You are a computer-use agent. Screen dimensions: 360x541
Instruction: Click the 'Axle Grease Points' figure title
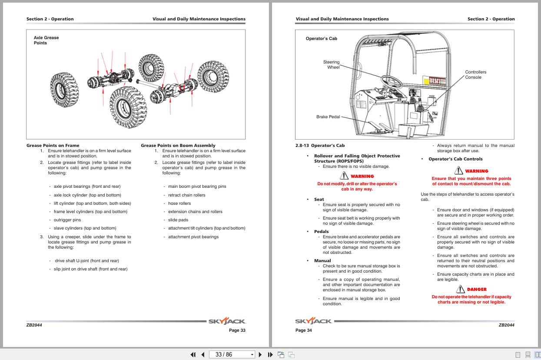(x=46, y=40)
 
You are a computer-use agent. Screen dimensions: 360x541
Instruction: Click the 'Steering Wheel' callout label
(x=332, y=64)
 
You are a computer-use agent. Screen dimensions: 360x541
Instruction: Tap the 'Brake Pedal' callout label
(x=328, y=117)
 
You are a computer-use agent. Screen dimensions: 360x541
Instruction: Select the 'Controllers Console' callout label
(x=475, y=74)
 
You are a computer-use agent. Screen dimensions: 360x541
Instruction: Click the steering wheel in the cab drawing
(x=392, y=80)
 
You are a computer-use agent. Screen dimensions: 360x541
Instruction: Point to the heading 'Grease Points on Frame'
(x=53, y=145)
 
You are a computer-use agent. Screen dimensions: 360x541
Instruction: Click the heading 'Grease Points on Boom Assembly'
(x=178, y=145)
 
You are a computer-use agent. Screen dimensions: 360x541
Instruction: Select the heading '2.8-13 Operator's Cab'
(x=320, y=145)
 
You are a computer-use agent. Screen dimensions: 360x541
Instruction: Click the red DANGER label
(x=476, y=289)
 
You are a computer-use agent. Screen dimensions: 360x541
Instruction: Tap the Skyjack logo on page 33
(x=227, y=321)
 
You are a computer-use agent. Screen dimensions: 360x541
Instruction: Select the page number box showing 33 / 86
(x=232, y=354)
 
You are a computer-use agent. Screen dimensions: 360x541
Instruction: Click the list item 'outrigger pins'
(x=67, y=220)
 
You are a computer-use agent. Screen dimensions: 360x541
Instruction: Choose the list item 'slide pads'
(x=178, y=220)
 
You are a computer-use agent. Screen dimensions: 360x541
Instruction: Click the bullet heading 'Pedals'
(x=321, y=231)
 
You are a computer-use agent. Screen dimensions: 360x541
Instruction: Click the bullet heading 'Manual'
(x=322, y=260)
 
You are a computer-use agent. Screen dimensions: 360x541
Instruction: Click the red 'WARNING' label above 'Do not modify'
(x=362, y=176)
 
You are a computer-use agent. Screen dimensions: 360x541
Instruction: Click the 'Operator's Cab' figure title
(x=321, y=39)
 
